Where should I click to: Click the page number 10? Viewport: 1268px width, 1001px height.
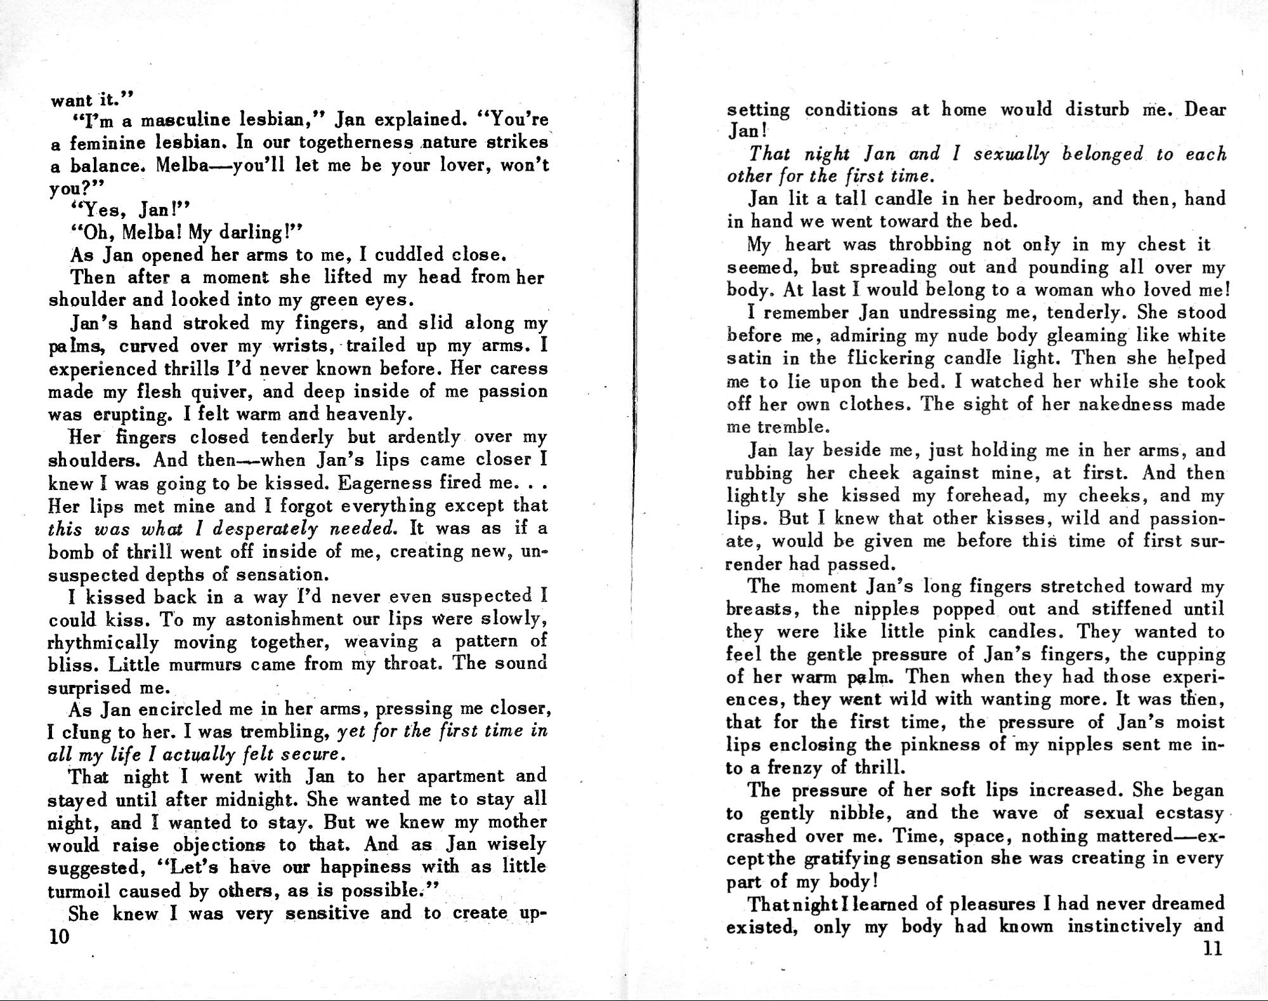59,938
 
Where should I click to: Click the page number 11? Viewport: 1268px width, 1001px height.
1212,949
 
